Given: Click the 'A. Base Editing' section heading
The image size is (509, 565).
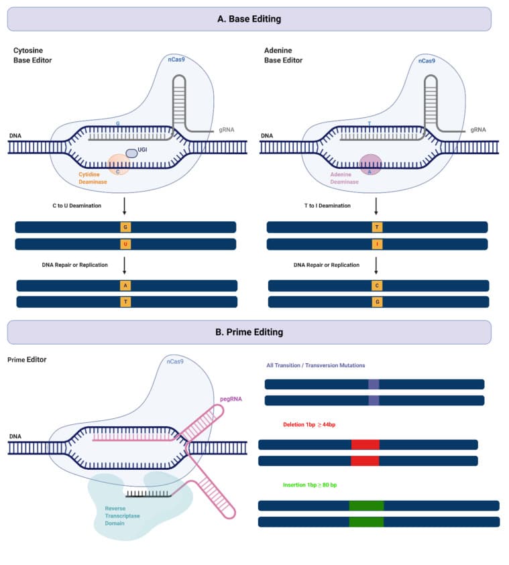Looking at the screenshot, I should coord(249,19).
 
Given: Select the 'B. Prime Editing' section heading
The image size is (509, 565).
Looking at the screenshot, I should coord(249,332).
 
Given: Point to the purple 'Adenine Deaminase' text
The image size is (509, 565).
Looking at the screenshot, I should coord(345,178).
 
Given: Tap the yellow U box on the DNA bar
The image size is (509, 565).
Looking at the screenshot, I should coord(125,245).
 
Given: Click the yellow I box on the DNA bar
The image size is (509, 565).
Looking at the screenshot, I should coord(377,245).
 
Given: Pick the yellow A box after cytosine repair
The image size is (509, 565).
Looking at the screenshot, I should coord(125,286).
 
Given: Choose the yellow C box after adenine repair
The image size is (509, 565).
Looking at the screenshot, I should coord(377,286).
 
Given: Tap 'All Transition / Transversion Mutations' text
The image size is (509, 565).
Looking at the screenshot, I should coord(315,365).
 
